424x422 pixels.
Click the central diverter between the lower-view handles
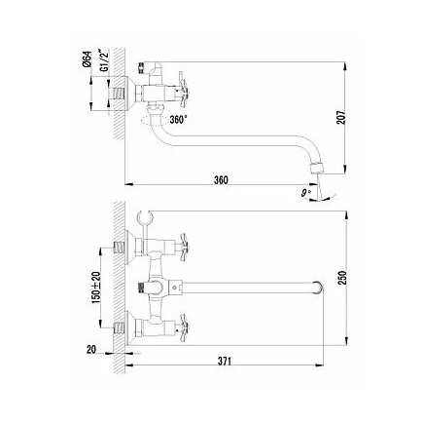pyautogui.click(x=154, y=288)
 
